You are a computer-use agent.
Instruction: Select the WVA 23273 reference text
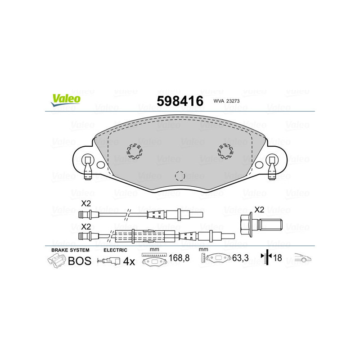226,101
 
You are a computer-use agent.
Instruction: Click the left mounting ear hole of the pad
88,159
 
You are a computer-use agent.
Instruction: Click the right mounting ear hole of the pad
271,159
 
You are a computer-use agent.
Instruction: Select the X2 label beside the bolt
259,209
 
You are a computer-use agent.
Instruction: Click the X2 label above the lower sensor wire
86,226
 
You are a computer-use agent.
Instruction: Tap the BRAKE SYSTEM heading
70,250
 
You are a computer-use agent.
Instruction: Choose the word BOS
79,261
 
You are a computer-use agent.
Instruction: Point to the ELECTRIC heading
116,250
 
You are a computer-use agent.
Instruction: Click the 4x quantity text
129,261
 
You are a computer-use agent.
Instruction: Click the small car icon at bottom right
303,259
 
